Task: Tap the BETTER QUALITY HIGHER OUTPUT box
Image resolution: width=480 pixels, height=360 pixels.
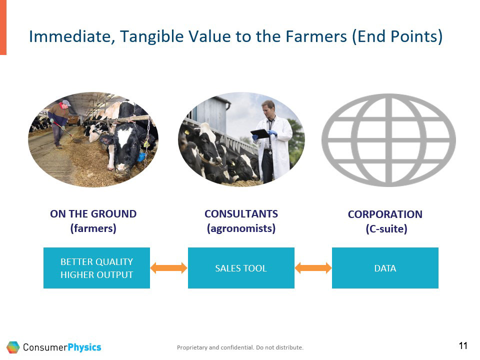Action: click(x=96, y=268)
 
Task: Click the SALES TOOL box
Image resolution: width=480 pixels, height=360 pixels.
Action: click(x=241, y=268)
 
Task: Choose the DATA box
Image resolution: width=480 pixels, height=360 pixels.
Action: click(x=385, y=268)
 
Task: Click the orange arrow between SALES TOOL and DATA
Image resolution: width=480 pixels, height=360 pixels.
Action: click(x=313, y=268)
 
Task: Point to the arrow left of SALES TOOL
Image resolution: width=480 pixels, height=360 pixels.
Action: click(x=168, y=268)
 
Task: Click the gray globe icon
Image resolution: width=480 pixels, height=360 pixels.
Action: click(x=388, y=140)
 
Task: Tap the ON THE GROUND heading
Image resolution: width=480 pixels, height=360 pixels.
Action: click(x=93, y=214)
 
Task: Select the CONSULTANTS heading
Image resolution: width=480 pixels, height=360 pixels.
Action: click(x=241, y=214)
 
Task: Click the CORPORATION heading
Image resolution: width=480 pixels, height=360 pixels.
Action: click(x=385, y=214)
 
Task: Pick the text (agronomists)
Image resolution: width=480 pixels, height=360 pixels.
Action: click(x=241, y=228)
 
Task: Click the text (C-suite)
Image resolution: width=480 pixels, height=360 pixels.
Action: click(x=386, y=229)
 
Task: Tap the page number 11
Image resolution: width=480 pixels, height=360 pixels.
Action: click(x=463, y=346)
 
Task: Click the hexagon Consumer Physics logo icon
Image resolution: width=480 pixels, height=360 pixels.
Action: click(x=13, y=347)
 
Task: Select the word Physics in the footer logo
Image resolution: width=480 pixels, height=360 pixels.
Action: click(x=84, y=347)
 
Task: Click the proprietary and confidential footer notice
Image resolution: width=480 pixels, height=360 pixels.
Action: click(x=240, y=347)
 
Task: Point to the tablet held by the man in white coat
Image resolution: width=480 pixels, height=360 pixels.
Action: click(x=260, y=134)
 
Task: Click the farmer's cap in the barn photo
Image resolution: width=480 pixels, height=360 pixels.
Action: click(x=66, y=103)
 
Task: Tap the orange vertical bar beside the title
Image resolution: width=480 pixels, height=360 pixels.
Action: click(x=3, y=27)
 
